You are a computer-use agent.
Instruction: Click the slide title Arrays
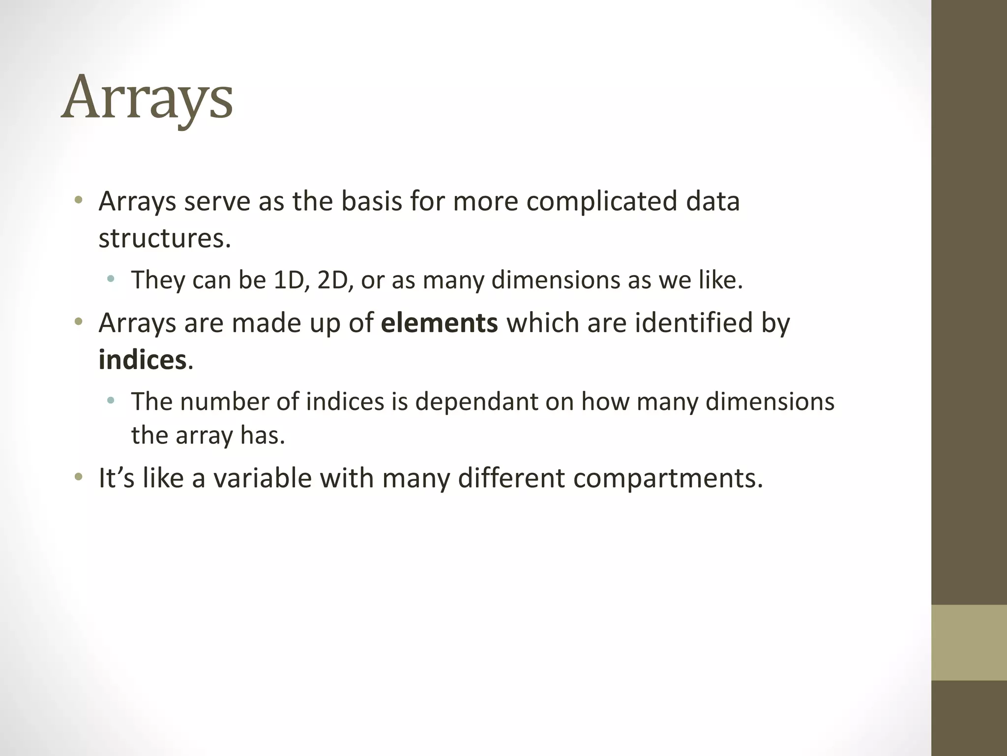[x=147, y=98]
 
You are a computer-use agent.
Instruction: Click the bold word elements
[x=439, y=323]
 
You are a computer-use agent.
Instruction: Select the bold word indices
[x=142, y=360]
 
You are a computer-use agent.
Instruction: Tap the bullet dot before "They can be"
[x=111, y=280]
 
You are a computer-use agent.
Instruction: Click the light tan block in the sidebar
[x=969, y=642]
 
